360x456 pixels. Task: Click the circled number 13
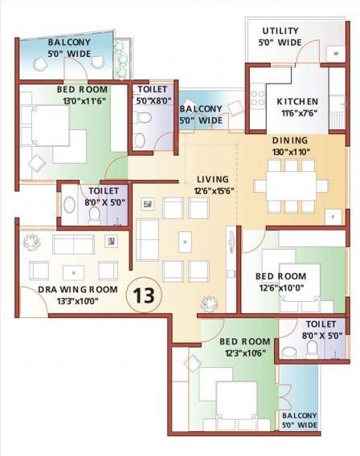tap(144, 295)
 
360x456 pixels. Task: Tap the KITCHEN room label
tap(297, 102)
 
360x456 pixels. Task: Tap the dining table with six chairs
tap(291, 185)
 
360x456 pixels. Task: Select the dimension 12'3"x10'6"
tap(244, 352)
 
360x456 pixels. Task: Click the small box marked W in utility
tap(334, 53)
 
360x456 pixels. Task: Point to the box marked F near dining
tap(330, 217)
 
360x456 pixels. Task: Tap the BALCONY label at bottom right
tap(299, 415)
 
